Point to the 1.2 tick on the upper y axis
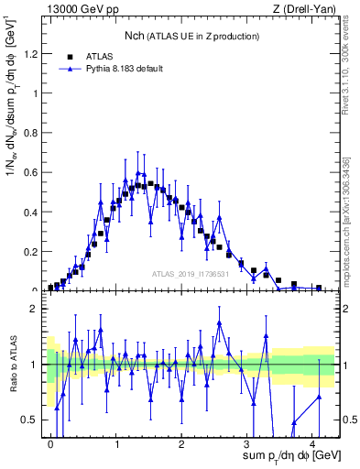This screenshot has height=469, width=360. pyautogui.click(x=33, y=54)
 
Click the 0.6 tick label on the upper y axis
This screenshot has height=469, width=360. pyautogui.click(x=33, y=172)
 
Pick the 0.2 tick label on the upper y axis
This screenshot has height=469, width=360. pyautogui.click(x=33, y=251)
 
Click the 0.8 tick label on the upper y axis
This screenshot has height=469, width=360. pyautogui.click(x=33, y=133)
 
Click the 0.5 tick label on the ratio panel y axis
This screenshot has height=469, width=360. pyautogui.click(x=33, y=420)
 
